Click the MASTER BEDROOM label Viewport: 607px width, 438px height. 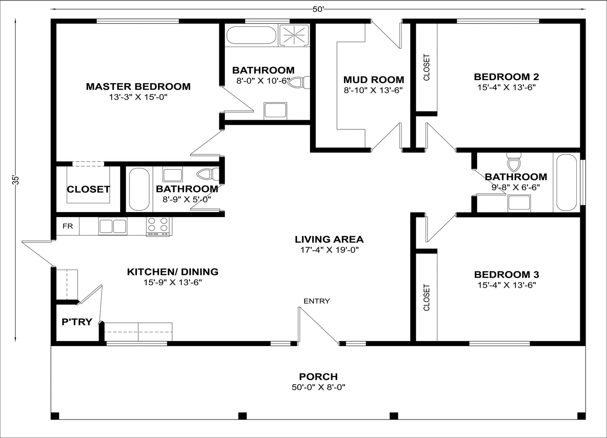click(x=138, y=87)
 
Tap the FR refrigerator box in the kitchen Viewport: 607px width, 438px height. click(x=68, y=226)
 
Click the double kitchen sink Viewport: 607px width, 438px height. click(x=113, y=226)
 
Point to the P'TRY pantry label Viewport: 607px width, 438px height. click(x=77, y=322)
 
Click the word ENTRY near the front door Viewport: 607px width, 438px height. click(x=317, y=301)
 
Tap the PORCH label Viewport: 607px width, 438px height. click(x=318, y=377)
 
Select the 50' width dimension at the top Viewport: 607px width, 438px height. click(x=318, y=10)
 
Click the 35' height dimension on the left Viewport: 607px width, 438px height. click(x=16, y=180)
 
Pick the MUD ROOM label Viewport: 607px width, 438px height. click(x=373, y=80)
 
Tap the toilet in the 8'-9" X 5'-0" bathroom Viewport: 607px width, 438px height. click(x=208, y=174)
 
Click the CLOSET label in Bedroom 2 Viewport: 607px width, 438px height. click(x=427, y=67)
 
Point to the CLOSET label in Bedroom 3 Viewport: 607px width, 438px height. click(x=427, y=298)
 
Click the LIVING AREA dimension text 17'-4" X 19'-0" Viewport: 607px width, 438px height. click(x=329, y=250)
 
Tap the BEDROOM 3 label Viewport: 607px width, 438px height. click(x=506, y=275)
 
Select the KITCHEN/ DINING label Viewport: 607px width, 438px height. click(x=173, y=272)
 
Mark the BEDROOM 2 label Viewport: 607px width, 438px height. click(x=506, y=77)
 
